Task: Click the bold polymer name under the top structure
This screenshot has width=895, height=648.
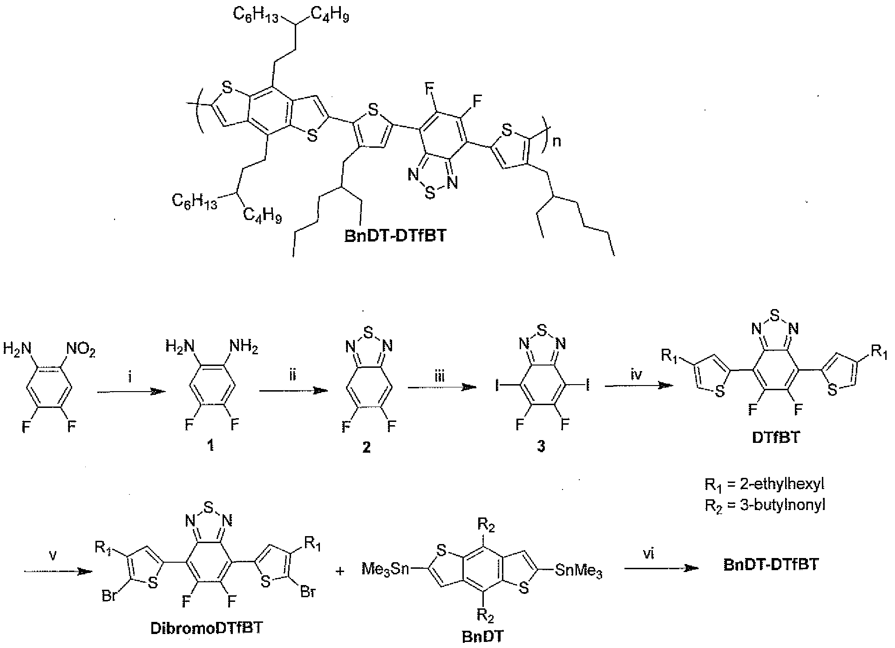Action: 395,235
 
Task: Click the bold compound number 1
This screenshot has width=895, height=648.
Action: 210,447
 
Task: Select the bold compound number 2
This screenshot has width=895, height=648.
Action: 366,448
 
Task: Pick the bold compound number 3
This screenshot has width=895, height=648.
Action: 541,447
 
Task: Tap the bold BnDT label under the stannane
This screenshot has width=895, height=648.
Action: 483,637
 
